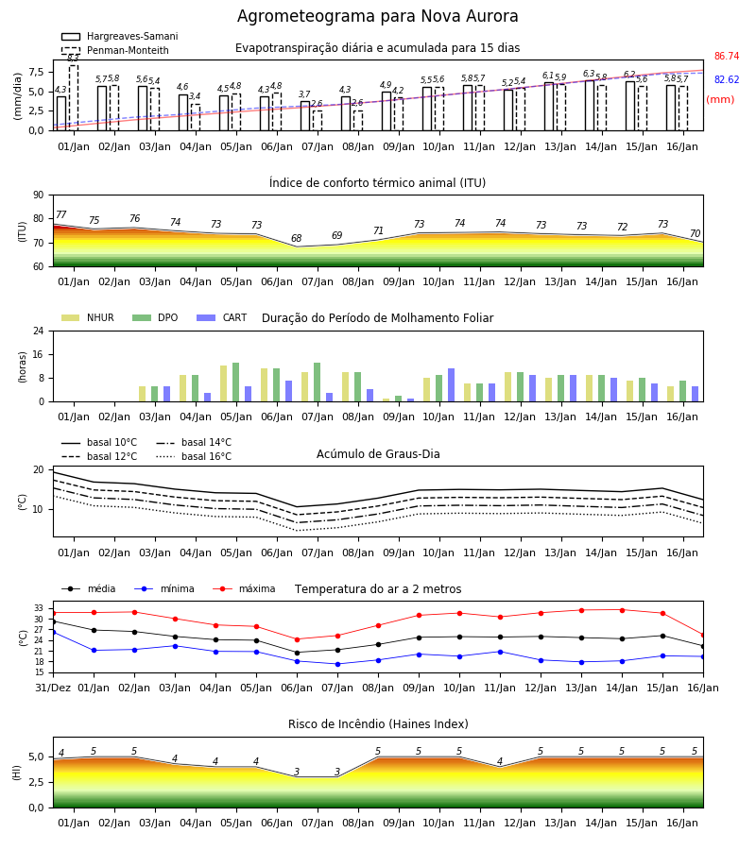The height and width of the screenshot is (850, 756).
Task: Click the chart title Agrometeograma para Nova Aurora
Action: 377,16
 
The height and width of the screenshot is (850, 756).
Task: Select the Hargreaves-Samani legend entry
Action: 120,36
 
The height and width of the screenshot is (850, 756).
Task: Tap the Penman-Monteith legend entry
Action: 115,50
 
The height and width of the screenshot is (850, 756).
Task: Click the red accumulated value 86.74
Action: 727,56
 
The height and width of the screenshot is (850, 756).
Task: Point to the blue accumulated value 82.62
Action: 727,79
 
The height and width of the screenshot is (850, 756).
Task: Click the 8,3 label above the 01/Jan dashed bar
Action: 73,58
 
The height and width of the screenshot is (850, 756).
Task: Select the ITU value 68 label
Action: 296,238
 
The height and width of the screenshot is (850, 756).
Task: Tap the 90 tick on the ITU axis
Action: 38,195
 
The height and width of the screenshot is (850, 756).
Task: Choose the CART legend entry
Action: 222,317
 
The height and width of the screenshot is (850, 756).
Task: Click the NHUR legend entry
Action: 88,317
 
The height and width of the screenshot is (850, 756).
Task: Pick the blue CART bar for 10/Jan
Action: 451,385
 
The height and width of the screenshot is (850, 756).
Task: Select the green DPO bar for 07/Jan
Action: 318,382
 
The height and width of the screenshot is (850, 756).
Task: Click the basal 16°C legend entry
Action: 194,456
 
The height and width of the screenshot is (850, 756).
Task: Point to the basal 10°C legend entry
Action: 99,442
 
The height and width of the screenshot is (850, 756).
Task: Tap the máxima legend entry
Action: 244,588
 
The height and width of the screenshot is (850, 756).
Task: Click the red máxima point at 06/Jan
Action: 297,639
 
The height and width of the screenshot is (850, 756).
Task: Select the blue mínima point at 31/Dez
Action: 54,632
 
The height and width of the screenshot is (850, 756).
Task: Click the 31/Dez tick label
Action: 53,688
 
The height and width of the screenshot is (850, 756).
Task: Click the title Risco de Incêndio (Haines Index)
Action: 378,724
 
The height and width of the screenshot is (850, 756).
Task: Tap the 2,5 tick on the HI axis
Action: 36,782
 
